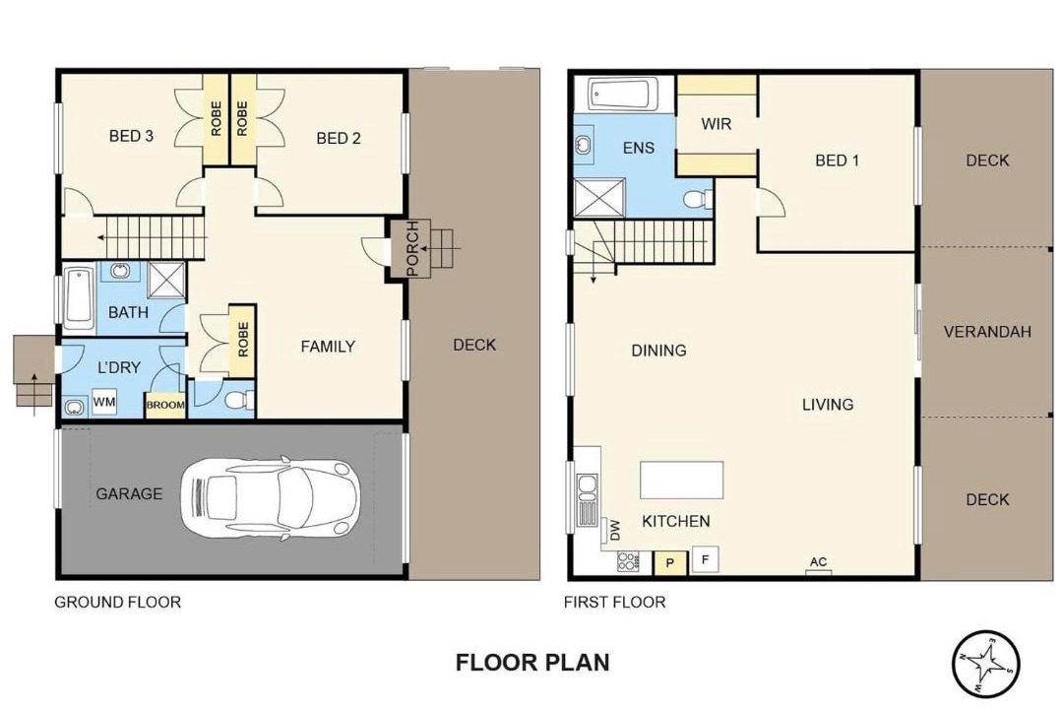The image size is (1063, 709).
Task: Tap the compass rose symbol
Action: click(985, 665)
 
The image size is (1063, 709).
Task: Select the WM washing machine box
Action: click(103, 402)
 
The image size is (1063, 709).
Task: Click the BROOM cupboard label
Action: click(165, 405)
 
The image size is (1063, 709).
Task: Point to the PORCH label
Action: click(412, 249)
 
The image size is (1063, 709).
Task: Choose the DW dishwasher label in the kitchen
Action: click(615, 529)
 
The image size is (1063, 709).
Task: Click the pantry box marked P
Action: click(670, 563)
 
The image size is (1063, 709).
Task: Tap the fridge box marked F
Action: click(705, 560)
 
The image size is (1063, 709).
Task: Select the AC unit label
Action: click(818, 561)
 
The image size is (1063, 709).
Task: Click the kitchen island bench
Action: click(682, 481)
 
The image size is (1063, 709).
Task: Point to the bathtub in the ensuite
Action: click(622, 94)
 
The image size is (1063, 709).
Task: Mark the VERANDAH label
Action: click(987, 332)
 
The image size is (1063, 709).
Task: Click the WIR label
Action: click(716, 124)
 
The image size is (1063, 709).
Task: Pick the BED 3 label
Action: click(131, 136)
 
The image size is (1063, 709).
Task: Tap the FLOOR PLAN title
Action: click(532, 662)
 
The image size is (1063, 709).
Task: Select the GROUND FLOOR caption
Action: click(117, 602)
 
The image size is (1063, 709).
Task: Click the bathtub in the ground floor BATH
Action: click(80, 298)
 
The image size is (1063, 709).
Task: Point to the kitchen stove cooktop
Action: click(628, 561)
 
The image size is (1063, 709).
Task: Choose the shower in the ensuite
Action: click(599, 198)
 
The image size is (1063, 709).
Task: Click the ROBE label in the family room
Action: click(243, 339)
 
